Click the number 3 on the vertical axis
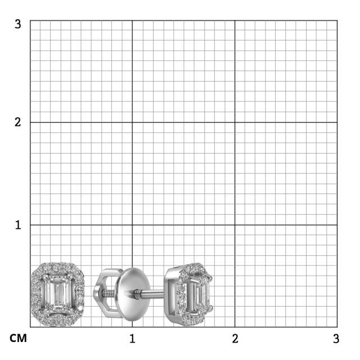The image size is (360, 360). point(17,24)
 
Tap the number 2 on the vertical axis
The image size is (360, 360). point(17,122)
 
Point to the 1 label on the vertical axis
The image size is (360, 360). point(18,225)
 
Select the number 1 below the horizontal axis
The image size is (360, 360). point(132,339)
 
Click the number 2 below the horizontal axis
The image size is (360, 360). point(235,339)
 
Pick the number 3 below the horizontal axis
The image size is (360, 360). point(336,339)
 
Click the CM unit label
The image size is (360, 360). point(18,338)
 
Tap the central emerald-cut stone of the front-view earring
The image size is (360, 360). point(57,294)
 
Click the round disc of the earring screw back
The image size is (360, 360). point(134,294)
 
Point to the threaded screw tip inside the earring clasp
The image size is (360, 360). point(107,293)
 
